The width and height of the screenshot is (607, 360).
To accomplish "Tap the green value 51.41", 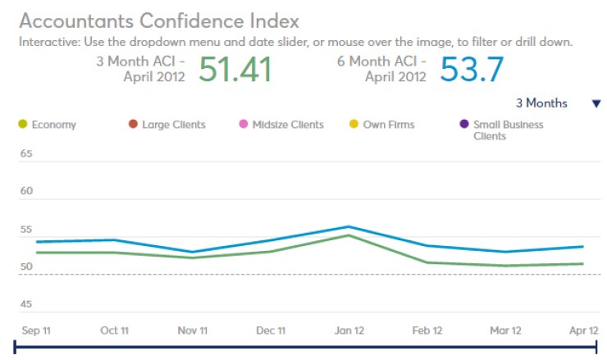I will pyautogui.click(x=235, y=70).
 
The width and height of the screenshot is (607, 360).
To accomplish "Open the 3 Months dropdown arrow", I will pyautogui.click(x=596, y=103).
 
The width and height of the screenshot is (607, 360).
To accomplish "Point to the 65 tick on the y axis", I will pyautogui.click(x=25, y=153).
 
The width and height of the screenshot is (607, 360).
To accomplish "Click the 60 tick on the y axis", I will pyautogui.click(x=25, y=191).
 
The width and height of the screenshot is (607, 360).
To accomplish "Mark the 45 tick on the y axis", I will pyautogui.click(x=25, y=304).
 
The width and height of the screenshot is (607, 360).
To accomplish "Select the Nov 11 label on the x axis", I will pyautogui.click(x=194, y=330).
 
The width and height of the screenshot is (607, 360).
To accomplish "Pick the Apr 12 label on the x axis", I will pyautogui.click(x=583, y=330).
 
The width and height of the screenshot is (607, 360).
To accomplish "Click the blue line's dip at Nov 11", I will pyautogui.click(x=194, y=252).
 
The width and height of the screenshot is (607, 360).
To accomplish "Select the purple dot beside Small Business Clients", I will pyautogui.click(x=464, y=125).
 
